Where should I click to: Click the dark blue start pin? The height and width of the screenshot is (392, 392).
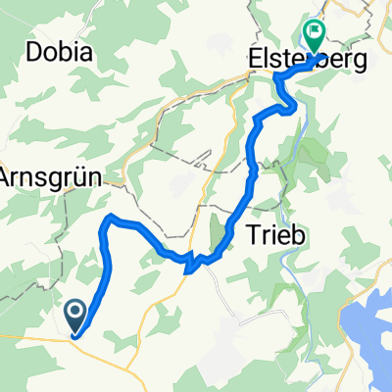coord(76,314)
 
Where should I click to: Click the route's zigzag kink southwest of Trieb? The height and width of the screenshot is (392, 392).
coord(192,261)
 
